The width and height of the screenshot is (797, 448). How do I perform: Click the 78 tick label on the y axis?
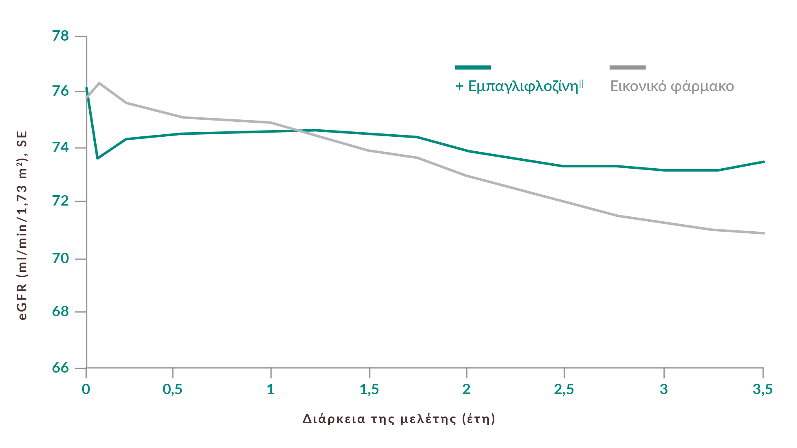60,36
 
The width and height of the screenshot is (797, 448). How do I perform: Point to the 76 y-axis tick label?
60,91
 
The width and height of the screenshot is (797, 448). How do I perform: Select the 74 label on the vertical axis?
60,147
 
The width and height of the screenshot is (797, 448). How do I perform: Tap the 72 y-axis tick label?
60,201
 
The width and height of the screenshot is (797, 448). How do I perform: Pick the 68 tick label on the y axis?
60,312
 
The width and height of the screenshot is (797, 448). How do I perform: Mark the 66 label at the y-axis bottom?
60,368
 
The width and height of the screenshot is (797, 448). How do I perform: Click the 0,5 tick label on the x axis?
173,390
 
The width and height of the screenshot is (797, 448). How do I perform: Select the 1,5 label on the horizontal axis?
369,390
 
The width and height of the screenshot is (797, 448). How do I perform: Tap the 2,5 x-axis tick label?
564,390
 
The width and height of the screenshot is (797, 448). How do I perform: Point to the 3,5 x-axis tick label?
763,390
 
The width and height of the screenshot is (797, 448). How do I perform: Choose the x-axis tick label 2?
467,390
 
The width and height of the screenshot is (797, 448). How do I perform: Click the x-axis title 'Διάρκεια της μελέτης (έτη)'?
399,419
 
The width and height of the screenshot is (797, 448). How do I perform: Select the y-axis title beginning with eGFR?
23,225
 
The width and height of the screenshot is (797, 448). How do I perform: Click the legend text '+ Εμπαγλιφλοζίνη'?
519,86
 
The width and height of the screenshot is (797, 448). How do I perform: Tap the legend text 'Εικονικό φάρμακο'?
672,86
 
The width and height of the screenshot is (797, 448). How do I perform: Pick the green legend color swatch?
473,67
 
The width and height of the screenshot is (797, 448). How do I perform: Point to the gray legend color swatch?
628,67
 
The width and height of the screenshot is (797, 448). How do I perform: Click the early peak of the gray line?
99,83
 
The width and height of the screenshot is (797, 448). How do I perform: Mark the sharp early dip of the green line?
97,158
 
